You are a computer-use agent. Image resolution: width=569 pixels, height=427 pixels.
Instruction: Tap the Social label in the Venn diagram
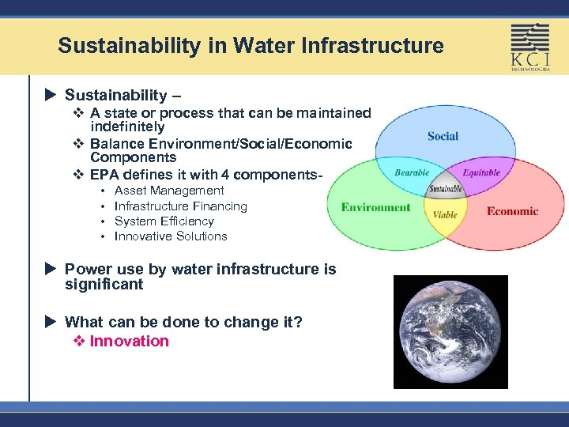pos(443,136)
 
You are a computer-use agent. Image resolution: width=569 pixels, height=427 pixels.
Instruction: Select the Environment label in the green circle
pos(375,208)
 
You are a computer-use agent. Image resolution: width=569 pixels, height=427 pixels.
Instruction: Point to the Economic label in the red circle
pos(512,211)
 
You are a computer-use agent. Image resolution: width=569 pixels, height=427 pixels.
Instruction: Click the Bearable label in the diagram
pos(412,172)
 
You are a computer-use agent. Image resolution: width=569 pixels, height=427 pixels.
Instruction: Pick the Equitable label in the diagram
pos(481,172)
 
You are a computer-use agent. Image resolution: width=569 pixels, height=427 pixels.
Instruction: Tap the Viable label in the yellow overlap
pos(445,214)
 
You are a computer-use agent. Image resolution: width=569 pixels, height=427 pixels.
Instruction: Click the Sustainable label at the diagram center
pos(446,190)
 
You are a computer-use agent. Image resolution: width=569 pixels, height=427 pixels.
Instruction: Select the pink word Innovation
pos(130,342)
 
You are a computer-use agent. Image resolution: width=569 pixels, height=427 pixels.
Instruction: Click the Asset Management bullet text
pos(169,191)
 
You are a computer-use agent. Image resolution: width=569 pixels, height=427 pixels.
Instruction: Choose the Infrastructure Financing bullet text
pos(181,206)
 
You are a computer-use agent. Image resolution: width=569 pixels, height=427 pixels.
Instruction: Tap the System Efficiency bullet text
pos(164,221)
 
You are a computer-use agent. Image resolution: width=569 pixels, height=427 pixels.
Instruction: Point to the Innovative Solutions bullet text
pos(171,236)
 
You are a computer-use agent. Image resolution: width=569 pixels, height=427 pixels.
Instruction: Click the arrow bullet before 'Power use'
pos(51,270)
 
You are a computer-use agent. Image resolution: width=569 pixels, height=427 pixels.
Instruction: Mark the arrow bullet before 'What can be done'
pos(51,322)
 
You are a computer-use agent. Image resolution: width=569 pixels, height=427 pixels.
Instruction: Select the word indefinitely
pos(127,127)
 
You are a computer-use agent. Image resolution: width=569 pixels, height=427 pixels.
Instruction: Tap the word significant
pos(104,285)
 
